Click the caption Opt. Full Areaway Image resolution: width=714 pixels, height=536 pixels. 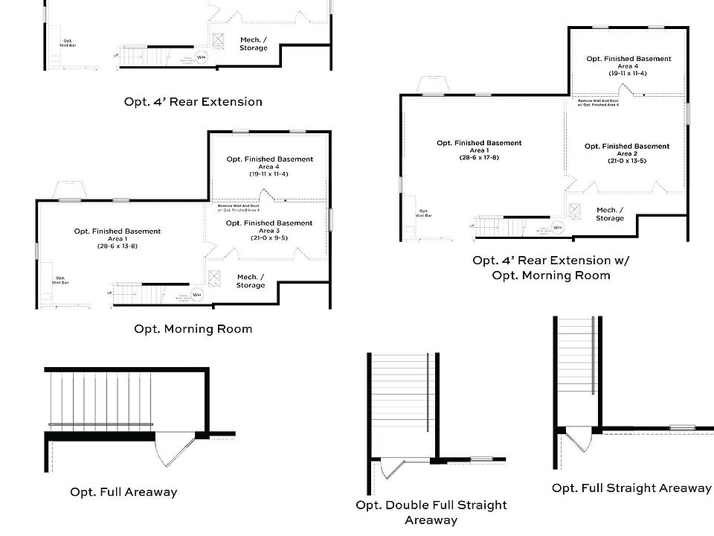tap(123, 492)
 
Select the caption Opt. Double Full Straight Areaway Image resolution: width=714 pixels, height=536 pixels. tap(431, 512)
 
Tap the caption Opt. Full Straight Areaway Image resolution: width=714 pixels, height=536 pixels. tap(631, 488)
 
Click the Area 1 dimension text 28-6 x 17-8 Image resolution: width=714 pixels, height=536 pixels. tap(479, 157)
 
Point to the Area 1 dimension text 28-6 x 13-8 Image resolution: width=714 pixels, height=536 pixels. tap(118, 246)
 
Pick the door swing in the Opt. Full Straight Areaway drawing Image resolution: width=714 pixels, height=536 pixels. tap(578, 439)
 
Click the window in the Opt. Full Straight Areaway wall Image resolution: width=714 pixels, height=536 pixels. tap(681, 428)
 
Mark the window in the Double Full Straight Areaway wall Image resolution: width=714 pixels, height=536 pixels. tap(481, 459)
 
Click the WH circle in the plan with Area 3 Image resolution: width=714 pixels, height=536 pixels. tap(197, 295)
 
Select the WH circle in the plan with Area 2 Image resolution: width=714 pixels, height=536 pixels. tap(558, 227)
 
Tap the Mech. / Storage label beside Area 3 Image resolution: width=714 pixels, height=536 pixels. tap(251, 281)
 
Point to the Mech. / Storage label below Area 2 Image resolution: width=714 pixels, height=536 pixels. tap(610, 214)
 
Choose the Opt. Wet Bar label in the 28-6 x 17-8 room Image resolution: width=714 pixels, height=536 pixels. tap(423, 213)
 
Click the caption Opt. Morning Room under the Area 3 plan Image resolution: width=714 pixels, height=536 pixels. tap(193, 329)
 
